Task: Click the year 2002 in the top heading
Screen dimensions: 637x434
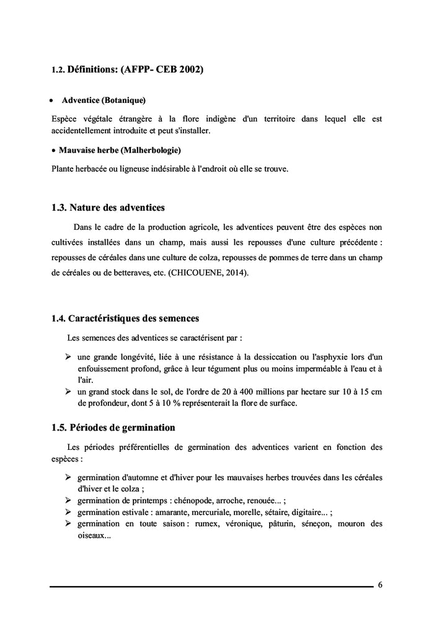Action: [191, 69]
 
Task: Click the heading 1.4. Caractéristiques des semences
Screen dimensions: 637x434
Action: [125, 318]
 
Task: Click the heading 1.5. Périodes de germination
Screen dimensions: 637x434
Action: [113, 428]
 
